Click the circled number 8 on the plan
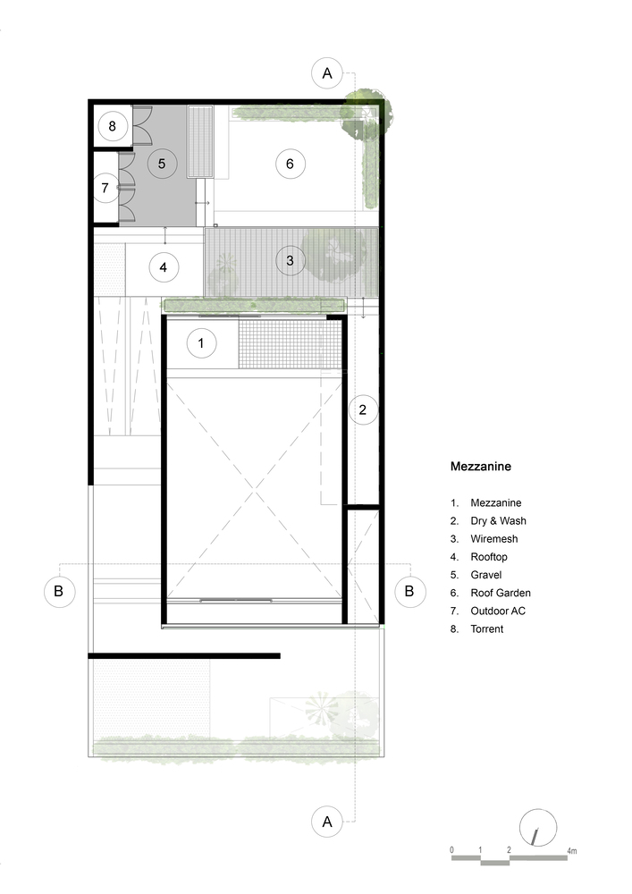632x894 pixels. [113, 126]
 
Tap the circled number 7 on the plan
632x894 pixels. [105, 188]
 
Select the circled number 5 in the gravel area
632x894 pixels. [162, 164]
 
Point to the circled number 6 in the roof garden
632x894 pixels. [290, 164]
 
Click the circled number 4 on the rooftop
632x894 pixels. [164, 266]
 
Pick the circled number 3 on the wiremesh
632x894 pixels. [290, 260]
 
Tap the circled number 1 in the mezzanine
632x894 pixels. [200, 342]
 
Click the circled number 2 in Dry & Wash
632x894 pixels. [363, 409]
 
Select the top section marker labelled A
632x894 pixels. [327, 73]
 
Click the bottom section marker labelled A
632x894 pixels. [327, 822]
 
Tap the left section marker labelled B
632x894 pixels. [59, 591]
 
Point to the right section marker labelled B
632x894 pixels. [409, 591]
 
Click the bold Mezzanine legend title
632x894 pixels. [480, 467]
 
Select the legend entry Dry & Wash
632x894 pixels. [498, 520]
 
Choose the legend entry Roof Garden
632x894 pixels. [501, 593]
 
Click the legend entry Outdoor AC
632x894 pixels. [498, 611]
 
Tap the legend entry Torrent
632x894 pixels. [486, 628]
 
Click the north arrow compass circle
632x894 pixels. [538, 827]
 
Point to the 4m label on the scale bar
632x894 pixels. [571, 851]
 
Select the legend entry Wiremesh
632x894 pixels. [494, 539]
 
